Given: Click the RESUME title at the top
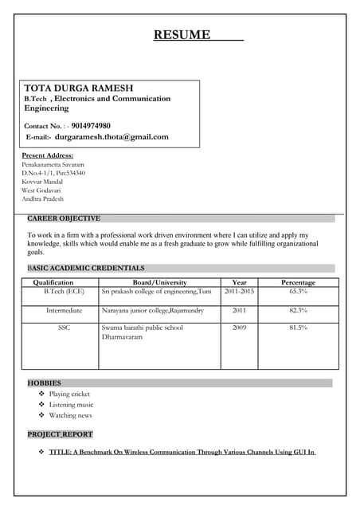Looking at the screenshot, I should (182, 34).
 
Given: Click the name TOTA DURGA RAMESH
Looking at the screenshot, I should (79, 87).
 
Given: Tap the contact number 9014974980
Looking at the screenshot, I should (91, 126).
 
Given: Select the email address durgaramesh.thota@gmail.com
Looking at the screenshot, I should (112, 137).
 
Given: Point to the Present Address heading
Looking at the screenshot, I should (48, 155).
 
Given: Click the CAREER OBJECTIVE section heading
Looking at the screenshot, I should (64, 218).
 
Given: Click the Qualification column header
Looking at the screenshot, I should (53, 282).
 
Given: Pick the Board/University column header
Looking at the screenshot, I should (159, 282).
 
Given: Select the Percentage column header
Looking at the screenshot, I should (298, 282).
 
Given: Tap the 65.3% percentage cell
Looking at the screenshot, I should (298, 292).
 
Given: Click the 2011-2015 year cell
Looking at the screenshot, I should (239, 292).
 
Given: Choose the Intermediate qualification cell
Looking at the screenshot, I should (64, 310).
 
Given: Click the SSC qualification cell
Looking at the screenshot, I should (64, 328).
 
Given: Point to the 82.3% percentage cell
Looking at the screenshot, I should (298, 310).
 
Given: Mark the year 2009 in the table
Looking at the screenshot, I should (239, 328).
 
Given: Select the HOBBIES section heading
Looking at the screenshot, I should (45, 383).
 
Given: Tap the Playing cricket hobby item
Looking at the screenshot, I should (69, 394).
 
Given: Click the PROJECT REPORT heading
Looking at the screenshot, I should (61, 434).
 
